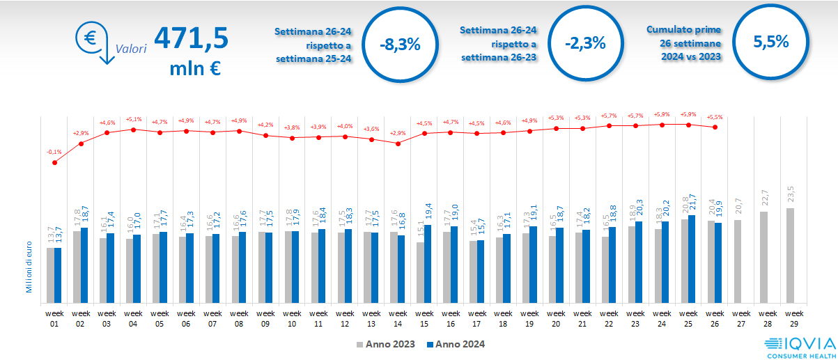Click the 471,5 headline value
191,39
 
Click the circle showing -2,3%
585,43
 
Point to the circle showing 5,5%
770,41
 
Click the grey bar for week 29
790,254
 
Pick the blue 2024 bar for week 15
428,263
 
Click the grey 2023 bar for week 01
50,274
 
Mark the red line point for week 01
55,162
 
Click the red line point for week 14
398,143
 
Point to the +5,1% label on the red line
134,119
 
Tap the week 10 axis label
293,318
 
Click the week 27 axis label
742,318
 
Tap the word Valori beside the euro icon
131,49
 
